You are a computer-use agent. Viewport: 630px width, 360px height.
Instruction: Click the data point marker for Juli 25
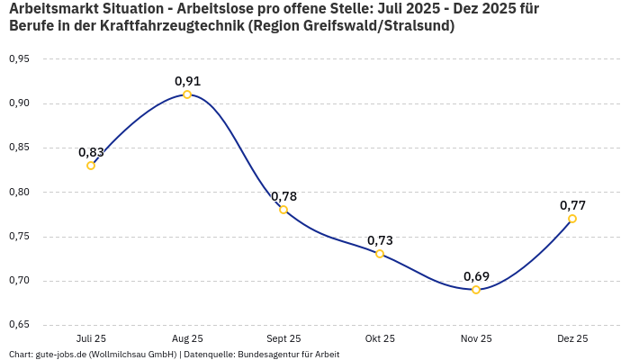tap(91, 166)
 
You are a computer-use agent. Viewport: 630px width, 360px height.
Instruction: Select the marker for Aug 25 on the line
tap(187, 94)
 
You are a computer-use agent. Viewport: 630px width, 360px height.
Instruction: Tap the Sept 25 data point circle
tap(283, 210)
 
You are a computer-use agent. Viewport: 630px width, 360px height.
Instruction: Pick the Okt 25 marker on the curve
tap(380, 254)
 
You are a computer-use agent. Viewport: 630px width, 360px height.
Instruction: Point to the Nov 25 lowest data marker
tap(476, 290)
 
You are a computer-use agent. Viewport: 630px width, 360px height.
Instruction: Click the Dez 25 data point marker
tap(572, 219)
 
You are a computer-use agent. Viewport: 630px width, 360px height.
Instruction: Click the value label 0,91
tap(187, 81)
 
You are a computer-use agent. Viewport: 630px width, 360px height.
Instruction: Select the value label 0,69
tap(476, 276)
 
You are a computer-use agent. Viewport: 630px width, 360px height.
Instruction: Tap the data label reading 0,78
tap(283, 196)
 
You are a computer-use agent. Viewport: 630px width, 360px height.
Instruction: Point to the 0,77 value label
tap(572, 205)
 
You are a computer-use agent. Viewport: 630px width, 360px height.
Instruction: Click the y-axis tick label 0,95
tap(19, 59)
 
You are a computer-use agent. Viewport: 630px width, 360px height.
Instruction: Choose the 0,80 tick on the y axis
tap(19, 192)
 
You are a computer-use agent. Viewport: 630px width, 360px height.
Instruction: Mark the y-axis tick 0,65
tap(19, 325)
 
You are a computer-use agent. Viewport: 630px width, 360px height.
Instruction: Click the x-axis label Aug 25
tap(187, 339)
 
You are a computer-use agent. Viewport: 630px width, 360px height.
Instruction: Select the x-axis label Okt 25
tap(380, 339)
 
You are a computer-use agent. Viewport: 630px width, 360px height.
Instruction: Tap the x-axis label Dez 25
tap(572, 339)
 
